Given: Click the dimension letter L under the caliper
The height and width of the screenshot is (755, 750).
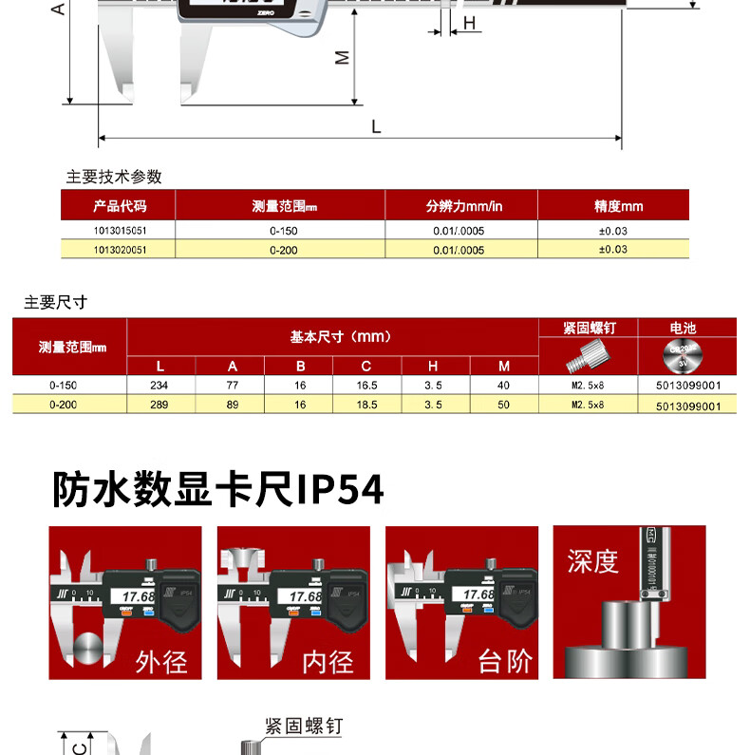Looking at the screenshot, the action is click(x=376, y=126).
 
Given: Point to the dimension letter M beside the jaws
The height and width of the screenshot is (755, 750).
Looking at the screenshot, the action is click(x=344, y=58).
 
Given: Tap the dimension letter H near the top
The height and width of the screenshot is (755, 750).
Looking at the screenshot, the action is click(x=468, y=23).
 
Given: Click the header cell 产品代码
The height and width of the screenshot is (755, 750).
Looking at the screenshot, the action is click(x=121, y=205).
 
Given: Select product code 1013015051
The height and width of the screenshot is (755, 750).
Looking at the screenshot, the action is click(x=121, y=231).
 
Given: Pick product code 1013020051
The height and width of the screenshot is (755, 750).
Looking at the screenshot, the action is click(x=121, y=250).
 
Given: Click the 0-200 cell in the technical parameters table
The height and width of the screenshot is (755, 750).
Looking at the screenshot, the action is click(x=284, y=250).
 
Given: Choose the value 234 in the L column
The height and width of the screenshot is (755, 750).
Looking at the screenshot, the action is click(x=159, y=386).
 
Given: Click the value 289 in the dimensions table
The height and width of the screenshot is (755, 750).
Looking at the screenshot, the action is click(x=159, y=405).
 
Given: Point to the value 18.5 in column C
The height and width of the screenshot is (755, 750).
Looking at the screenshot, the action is click(x=366, y=405).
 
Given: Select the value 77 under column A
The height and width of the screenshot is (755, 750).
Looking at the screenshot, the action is click(x=232, y=386).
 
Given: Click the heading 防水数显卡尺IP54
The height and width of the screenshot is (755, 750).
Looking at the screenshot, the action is click(x=218, y=489).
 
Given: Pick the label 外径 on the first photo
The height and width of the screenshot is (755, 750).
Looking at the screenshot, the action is click(x=162, y=660).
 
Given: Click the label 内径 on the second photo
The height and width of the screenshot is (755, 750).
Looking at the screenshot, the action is click(x=328, y=660).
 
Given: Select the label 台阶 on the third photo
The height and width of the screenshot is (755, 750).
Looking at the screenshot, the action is click(x=505, y=660).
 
